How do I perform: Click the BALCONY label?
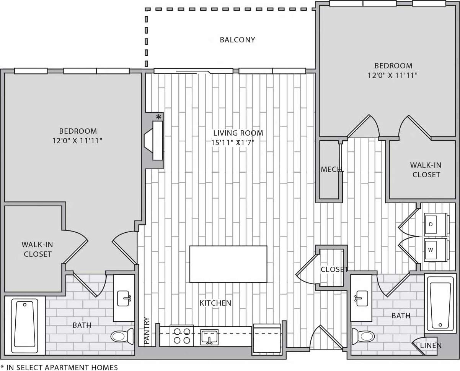tap(237, 40)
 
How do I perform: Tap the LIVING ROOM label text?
tap(238, 133)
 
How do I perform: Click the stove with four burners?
tap(181, 336)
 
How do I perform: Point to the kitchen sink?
tap(209, 337)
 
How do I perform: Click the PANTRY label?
tap(147, 331)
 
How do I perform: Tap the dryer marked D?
tap(435, 224)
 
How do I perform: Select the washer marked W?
tap(435, 250)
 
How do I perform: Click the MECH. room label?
tap(332, 169)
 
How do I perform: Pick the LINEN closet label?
tap(431, 345)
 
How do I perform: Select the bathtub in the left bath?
tap(25, 325)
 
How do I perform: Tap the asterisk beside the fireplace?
tap(158, 117)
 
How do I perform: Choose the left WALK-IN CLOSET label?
tap(37, 249)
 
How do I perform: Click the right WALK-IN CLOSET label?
tap(426, 170)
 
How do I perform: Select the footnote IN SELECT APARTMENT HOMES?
tap(59, 367)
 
